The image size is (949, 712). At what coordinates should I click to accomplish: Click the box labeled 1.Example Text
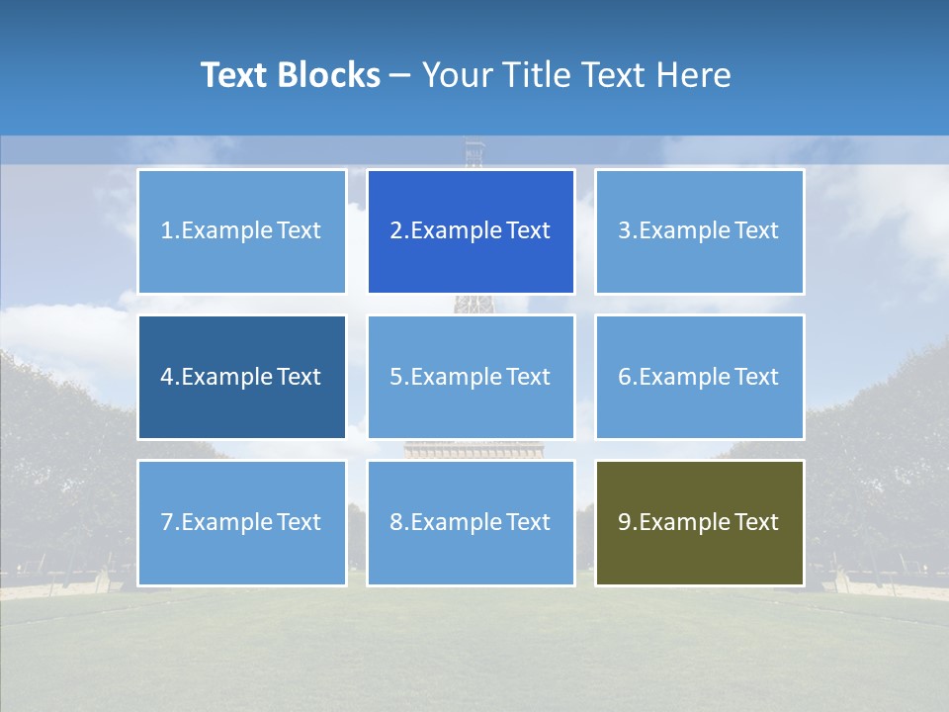tap(241, 231)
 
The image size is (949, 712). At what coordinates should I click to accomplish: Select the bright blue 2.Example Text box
tap(471, 231)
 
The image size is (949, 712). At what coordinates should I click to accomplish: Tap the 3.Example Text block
tap(699, 231)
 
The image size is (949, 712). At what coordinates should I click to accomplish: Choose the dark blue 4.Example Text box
tap(241, 377)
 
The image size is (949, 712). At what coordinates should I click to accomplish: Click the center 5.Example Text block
tap(471, 377)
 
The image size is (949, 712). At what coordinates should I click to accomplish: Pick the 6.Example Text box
tap(699, 377)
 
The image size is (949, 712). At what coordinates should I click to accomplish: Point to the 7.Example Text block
tap(241, 522)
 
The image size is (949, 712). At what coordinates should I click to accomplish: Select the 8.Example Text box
tap(471, 522)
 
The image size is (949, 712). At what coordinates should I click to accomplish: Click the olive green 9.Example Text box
tap(699, 522)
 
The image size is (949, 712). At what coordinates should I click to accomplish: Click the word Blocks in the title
tap(330, 75)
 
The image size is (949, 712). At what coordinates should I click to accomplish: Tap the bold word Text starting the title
tap(234, 75)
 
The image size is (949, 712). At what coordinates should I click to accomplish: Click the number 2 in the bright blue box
tap(395, 231)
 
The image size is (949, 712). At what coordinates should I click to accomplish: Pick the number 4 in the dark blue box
tap(166, 377)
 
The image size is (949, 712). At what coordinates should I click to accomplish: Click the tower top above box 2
tap(475, 154)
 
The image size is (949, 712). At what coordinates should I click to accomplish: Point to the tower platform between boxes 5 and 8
tap(474, 450)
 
